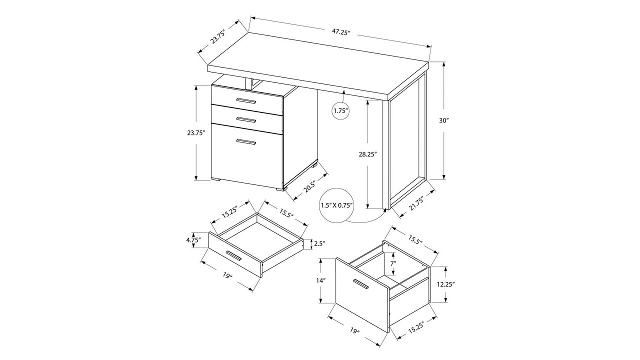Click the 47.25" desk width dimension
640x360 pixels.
click(340, 32)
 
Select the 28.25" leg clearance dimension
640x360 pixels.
click(367, 154)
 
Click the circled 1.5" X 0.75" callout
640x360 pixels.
click(337, 205)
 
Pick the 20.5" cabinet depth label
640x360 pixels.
click(309, 187)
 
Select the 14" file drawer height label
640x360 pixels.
click(320, 281)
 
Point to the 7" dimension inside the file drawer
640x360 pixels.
click(393, 263)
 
